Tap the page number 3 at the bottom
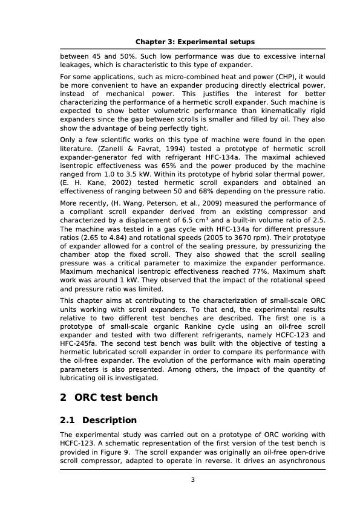pyautogui.click(x=192, y=480)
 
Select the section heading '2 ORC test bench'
pyautogui.click(x=109, y=397)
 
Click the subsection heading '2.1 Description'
pyautogui.click(x=98, y=420)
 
